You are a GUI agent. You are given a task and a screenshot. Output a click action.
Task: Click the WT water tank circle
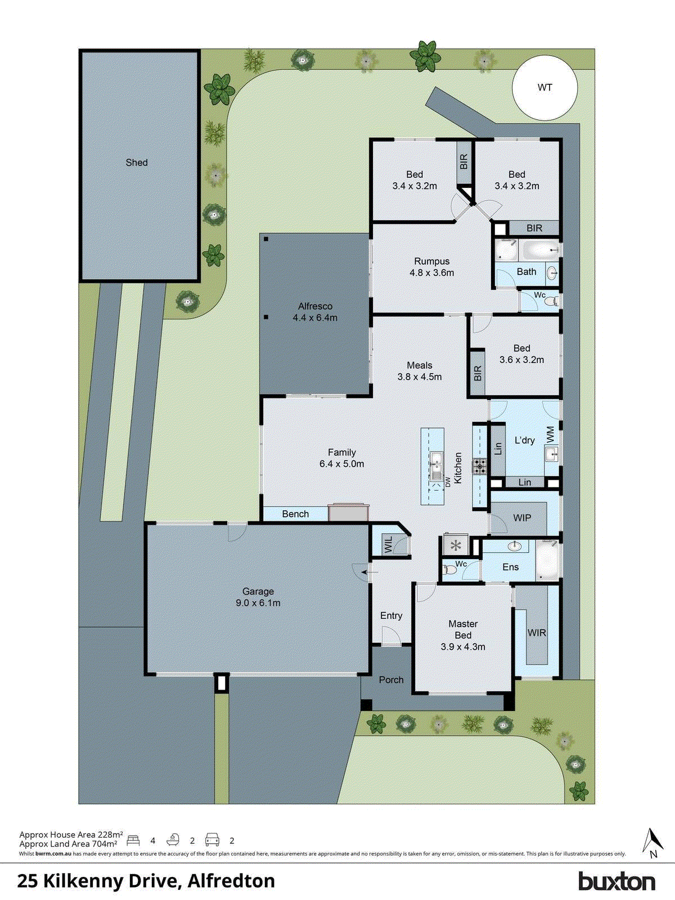pos(544,88)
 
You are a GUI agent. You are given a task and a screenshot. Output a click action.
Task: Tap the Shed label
pos(137,163)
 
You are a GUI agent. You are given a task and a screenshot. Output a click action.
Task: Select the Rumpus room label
pos(431,262)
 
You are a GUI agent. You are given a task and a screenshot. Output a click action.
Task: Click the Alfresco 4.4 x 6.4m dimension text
pos(315,318)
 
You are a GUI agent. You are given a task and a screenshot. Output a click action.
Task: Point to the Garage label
pos(258,591)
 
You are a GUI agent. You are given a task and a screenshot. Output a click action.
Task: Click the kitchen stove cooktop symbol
pos(479,466)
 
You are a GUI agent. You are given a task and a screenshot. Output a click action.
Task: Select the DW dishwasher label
pos(448,482)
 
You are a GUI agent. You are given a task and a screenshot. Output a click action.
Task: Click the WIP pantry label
pos(522,517)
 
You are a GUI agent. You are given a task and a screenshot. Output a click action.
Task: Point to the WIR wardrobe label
pos(537,633)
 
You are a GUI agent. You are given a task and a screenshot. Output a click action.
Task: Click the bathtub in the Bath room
pos(538,249)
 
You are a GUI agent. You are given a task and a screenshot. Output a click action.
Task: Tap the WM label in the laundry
pos(551,434)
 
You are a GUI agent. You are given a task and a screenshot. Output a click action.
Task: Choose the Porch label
pos(391,679)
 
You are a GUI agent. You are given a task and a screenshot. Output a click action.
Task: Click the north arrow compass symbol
pos(652,843)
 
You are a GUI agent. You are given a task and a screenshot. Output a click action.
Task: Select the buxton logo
pos(616,881)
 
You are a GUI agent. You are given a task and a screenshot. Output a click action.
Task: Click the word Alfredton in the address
pos(231,881)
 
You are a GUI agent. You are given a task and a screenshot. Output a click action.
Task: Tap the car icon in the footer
pos(212,840)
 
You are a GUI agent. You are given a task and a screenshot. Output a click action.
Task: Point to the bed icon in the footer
pos(133,840)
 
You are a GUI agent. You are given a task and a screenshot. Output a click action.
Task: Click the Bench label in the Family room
pos(295,514)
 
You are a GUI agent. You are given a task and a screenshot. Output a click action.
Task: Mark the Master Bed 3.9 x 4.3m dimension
pos(463,647)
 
